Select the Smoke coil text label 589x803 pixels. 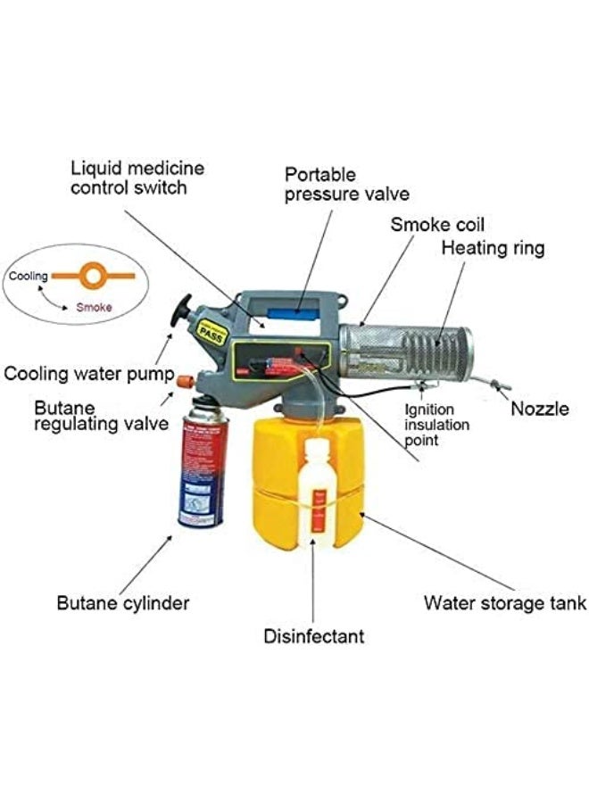[437, 224]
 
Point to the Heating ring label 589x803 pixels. [493, 248]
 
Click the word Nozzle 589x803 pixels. [539, 410]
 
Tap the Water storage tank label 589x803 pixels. [504, 603]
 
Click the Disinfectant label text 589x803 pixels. [313, 636]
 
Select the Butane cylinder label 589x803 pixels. [123, 603]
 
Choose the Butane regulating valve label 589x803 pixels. [100, 415]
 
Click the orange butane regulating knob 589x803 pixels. [185, 382]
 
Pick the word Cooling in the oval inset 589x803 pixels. [29, 277]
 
